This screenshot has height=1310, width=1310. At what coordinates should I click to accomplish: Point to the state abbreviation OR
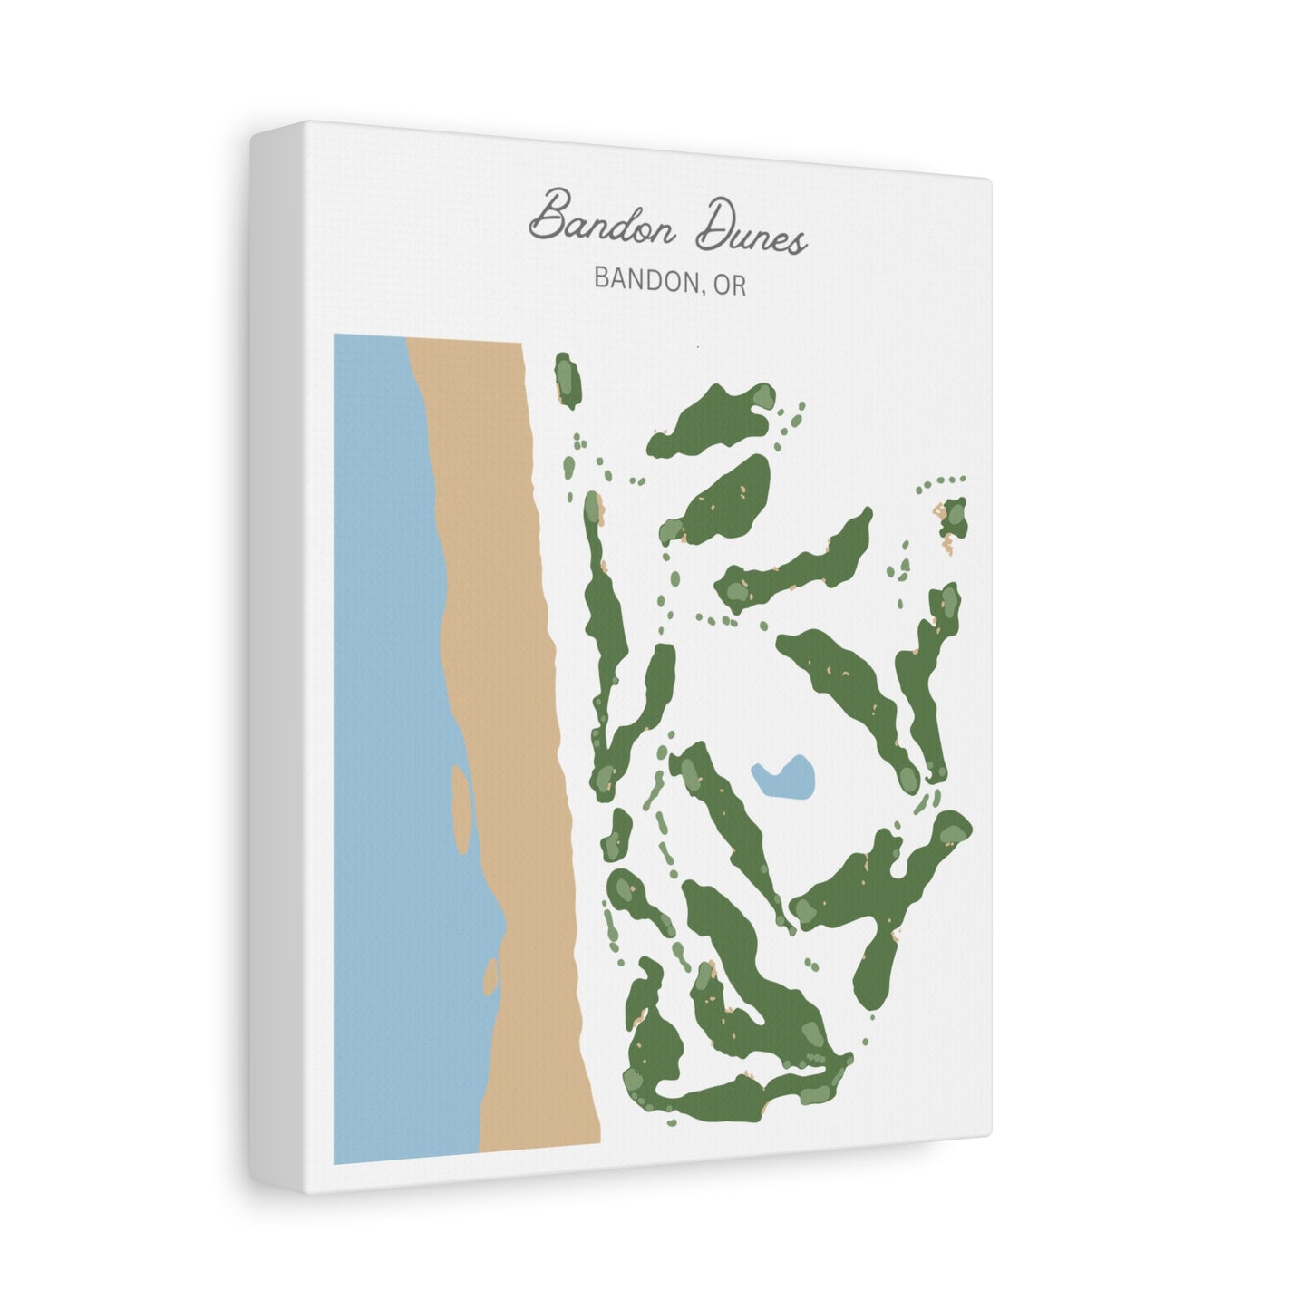(x=729, y=284)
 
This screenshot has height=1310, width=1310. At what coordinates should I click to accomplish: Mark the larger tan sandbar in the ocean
(x=461, y=810)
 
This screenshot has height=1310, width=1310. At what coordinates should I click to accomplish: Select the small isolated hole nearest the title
(x=568, y=379)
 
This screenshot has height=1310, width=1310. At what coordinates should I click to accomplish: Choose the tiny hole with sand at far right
(x=953, y=519)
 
